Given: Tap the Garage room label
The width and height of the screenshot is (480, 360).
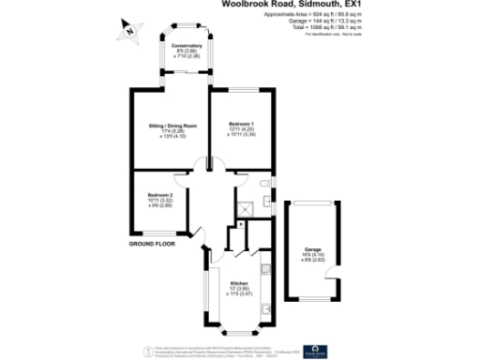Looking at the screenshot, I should tap(312, 249).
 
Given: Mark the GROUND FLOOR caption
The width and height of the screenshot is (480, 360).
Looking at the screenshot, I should tap(153, 243).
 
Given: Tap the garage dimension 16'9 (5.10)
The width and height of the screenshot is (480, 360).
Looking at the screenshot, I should tap(312, 255).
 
